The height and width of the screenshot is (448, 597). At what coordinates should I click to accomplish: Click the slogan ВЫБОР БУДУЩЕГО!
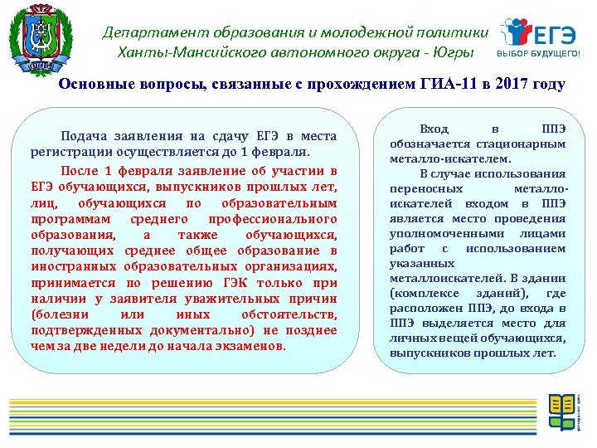click(x=539, y=54)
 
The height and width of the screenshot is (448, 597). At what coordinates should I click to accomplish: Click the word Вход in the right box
click(x=434, y=129)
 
